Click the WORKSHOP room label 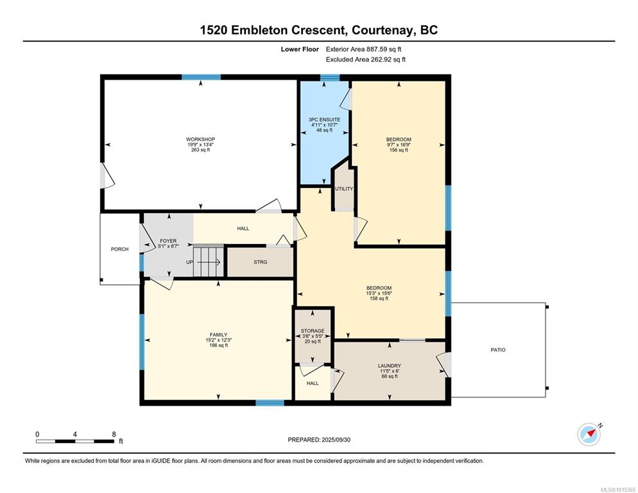pyautogui.click(x=201, y=139)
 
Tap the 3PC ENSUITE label pyautogui.click(x=324, y=119)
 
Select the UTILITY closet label pyautogui.click(x=344, y=189)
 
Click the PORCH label pyautogui.click(x=119, y=249)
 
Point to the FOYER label pyautogui.click(x=168, y=241)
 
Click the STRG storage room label pyautogui.click(x=261, y=262)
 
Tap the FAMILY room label pyautogui.click(x=218, y=335)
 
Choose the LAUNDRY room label pyautogui.click(x=390, y=366)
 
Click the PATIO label pyautogui.click(x=498, y=350)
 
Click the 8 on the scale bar pyautogui.click(x=114, y=435)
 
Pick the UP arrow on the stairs pyautogui.click(x=209, y=262)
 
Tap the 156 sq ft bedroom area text pyautogui.click(x=399, y=150)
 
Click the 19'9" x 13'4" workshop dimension pyautogui.click(x=201, y=144)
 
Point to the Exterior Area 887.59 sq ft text pyautogui.click(x=364, y=49)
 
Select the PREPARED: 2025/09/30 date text pyautogui.click(x=319, y=440)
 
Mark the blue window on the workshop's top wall pyautogui.click(x=201, y=77)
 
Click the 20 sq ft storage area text pyautogui.click(x=313, y=342)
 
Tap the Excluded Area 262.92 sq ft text pyautogui.click(x=366, y=60)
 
